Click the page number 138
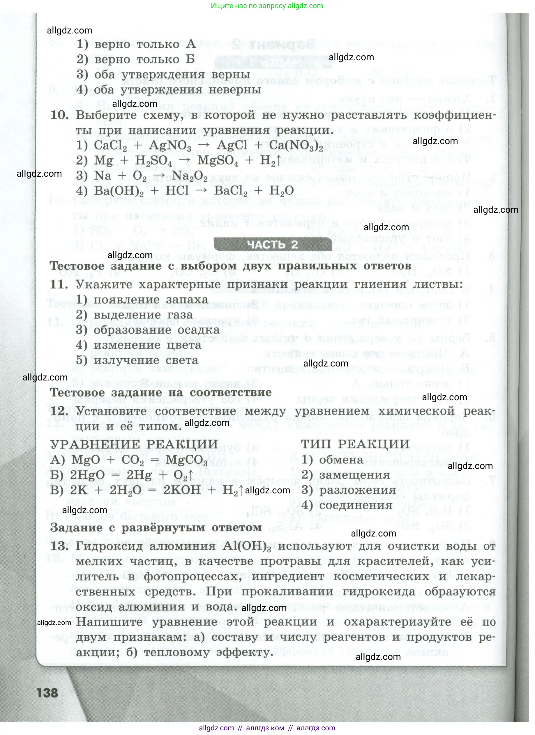(47, 693)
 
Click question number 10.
(59, 115)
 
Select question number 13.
(59, 546)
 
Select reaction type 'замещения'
(354, 475)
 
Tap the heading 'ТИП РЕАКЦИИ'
(355, 444)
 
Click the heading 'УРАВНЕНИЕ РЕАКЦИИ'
(134, 444)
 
